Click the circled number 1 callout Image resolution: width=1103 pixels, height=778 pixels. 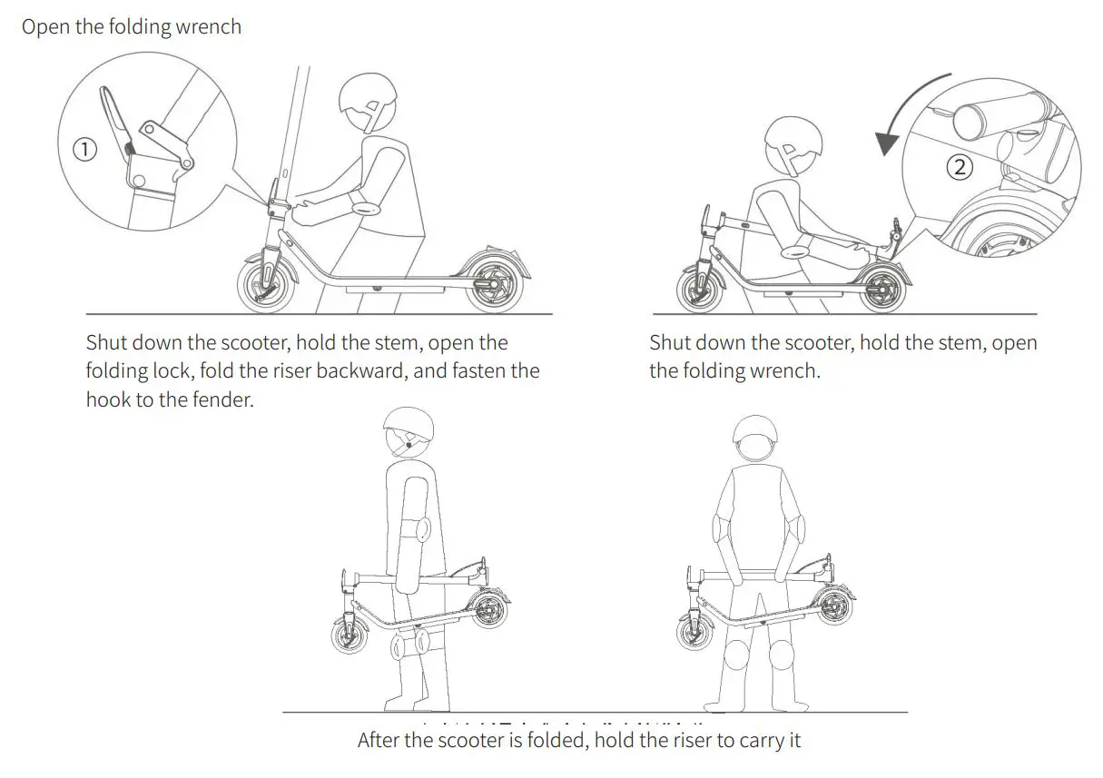point(84,149)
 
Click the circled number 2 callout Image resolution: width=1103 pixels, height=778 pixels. point(960,166)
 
